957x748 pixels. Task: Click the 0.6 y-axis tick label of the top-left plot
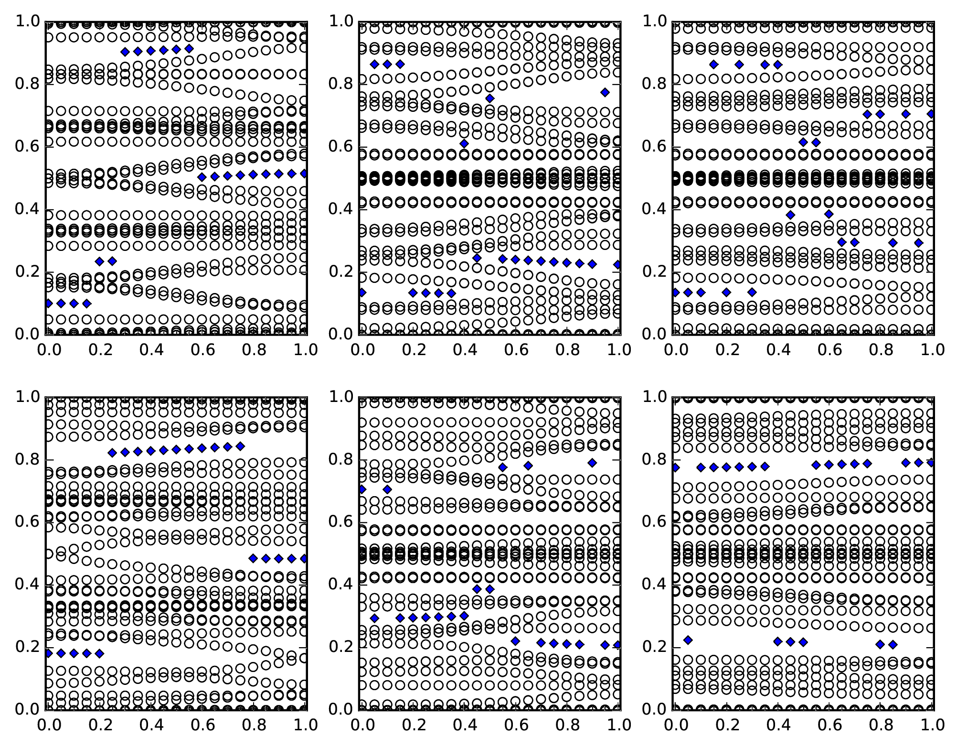(27, 147)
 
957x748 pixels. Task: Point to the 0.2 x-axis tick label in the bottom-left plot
(99, 725)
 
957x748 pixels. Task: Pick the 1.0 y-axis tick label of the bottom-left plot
(27, 397)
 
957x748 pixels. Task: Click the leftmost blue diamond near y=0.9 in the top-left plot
(125, 52)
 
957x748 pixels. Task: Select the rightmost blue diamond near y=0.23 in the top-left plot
(112, 261)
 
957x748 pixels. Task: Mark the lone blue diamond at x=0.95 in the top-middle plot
(605, 92)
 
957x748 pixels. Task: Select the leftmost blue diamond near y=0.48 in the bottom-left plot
(253, 558)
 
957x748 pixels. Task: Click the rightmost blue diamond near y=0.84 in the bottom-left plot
(241, 446)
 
